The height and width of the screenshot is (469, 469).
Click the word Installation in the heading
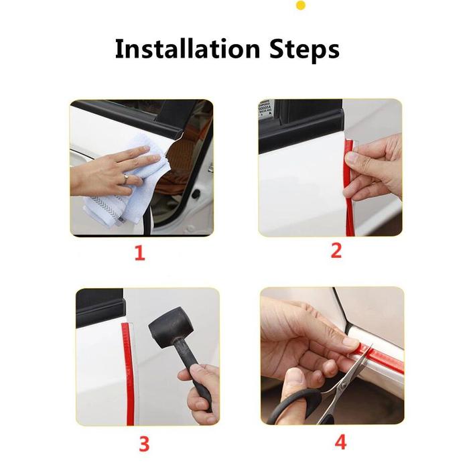point(188,48)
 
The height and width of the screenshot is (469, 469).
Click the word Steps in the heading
point(304,50)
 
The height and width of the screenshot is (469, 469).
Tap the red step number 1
point(140,253)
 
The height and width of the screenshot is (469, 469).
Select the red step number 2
point(336,251)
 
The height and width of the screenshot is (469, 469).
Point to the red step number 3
point(144,444)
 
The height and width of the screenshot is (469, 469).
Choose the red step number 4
point(340,442)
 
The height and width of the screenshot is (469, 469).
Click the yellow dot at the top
point(301,5)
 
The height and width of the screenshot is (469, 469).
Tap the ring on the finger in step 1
point(126,179)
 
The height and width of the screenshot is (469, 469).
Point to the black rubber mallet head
point(171,327)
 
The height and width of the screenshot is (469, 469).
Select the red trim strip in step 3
point(128,374)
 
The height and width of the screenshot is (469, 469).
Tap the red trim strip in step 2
point(348,188)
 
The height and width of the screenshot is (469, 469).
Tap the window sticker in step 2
point(265,109)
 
